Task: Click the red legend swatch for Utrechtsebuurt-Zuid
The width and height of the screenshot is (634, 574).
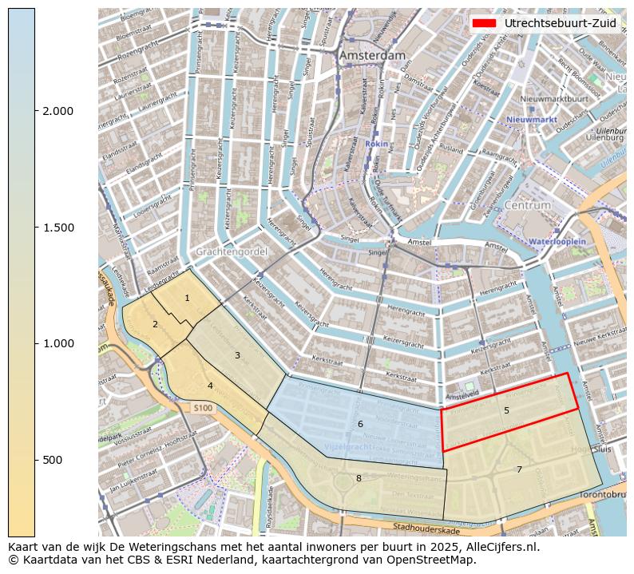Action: point(485,23)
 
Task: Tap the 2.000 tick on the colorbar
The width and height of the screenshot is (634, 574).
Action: point(58,111)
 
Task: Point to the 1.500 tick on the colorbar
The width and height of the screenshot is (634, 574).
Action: point(58,228)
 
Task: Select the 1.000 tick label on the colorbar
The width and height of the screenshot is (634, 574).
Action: point(58,343)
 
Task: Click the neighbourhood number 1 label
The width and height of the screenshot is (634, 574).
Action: point(187,298)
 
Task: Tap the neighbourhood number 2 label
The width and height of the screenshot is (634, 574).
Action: point(155,324)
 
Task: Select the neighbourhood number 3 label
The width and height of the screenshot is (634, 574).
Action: point(237,355)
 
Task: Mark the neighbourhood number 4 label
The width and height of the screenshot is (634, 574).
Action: point(210,386)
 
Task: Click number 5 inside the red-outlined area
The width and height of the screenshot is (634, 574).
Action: point(506,410)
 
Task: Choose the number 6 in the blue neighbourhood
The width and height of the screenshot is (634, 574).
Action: point(360,424)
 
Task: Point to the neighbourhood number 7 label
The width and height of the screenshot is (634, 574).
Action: point(519,469)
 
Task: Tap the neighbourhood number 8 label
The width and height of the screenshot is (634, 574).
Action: point(359,478)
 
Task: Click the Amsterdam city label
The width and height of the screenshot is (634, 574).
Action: point(372,56)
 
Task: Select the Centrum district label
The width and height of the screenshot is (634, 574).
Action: point(528,205)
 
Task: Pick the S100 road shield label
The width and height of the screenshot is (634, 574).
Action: point(203,408)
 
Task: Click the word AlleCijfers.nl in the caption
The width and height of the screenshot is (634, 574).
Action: point(503,548)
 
